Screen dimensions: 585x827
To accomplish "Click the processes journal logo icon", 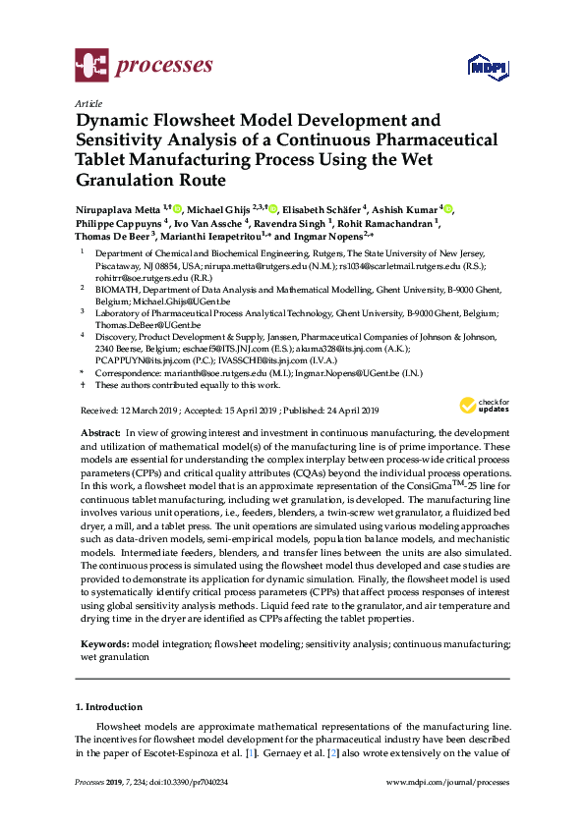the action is [x=91, y=67].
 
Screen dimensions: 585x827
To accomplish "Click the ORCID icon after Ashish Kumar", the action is [x=448, y=209].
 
